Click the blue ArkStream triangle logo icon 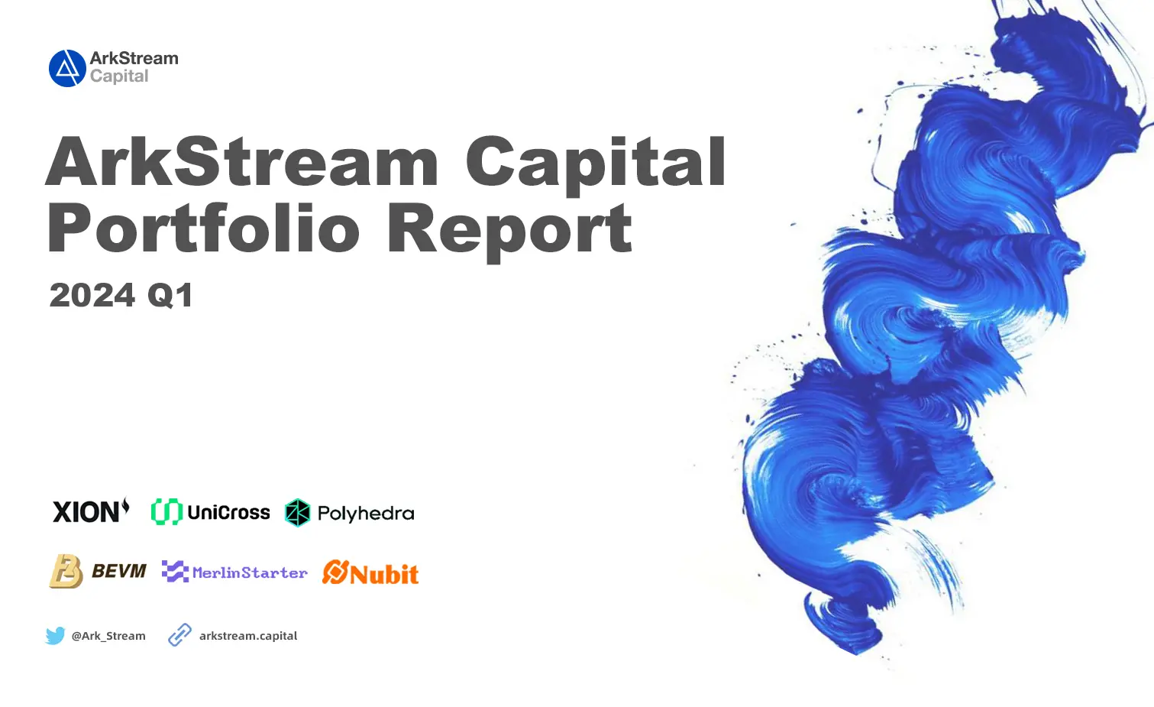67,68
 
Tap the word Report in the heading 509,229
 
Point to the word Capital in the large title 596,162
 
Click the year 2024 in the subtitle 92,296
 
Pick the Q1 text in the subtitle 170,296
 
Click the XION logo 91,511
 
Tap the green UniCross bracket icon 166,512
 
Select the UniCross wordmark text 228,513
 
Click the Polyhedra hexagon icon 297,513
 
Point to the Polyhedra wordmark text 366,514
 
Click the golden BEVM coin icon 66,572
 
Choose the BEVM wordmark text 119,571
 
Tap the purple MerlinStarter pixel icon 175,572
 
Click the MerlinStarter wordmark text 250,572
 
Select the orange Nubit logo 370,572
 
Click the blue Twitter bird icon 55,636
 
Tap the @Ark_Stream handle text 108,636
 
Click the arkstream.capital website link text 248,636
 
